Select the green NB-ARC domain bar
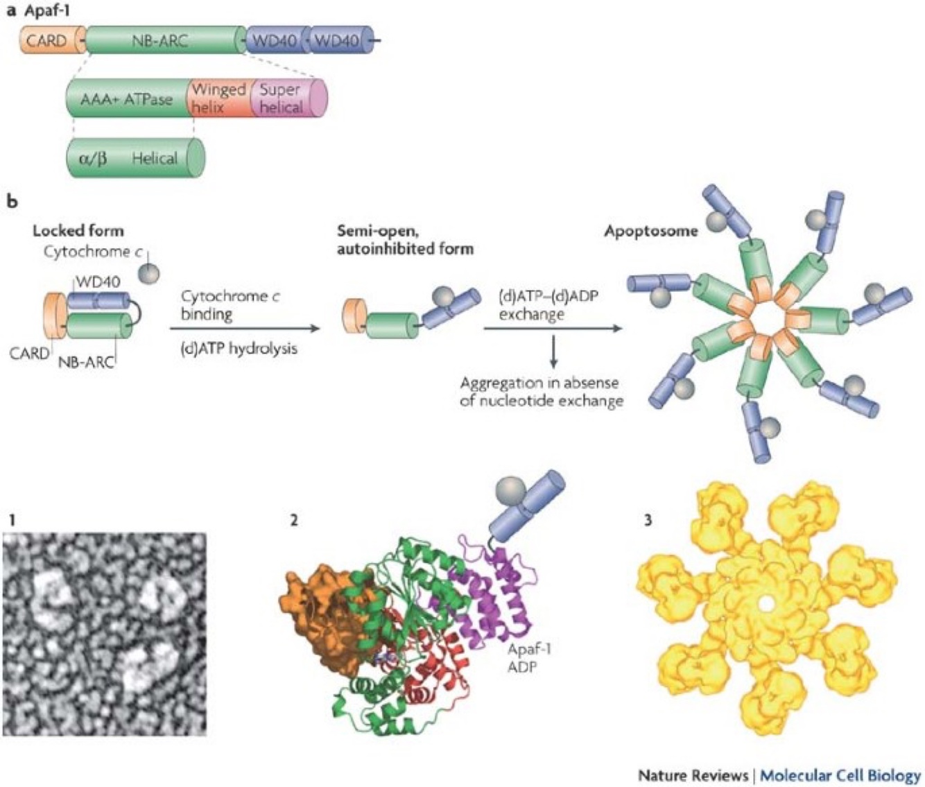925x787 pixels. (x=163, y=41)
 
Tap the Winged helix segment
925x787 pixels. (x=218, y=98)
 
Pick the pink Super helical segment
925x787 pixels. (x=284, y=98)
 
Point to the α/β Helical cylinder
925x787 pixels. (x=135, y=157)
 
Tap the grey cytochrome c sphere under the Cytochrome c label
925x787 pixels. (x=148, y=273)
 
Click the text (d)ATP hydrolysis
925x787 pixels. (x=239, y=348)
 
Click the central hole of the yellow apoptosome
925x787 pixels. (x=765, y=605)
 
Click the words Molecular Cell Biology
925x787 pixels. (x=840, y=775)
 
